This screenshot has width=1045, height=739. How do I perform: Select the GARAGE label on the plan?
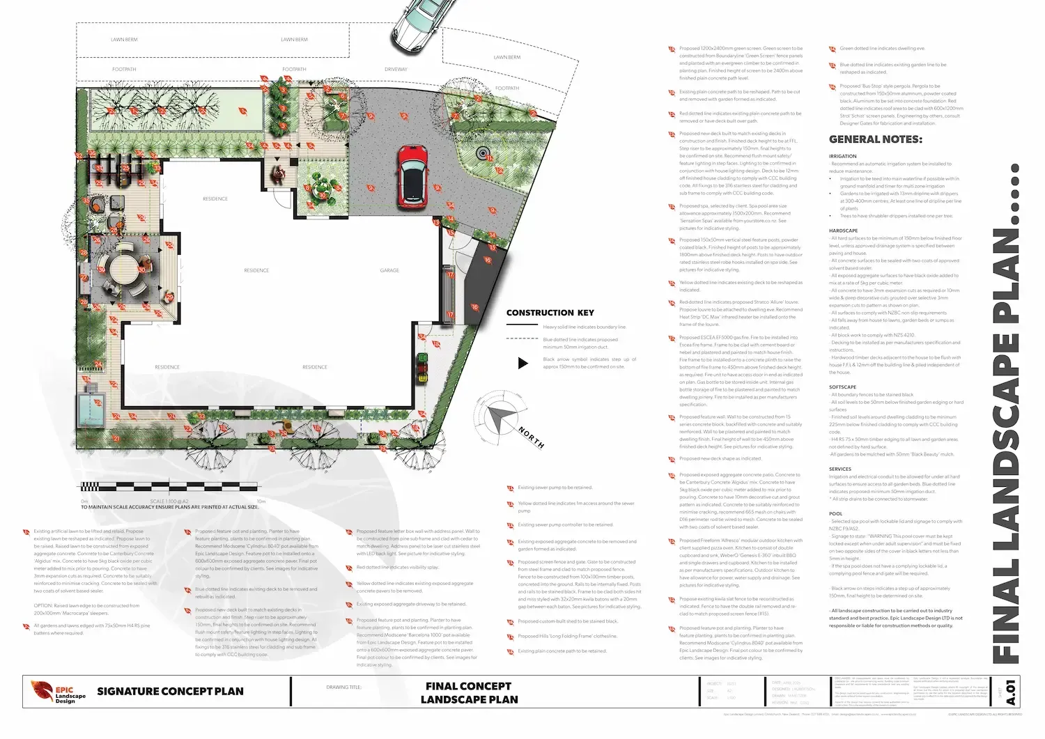(389, 270)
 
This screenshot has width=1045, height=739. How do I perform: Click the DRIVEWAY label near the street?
(396, 70)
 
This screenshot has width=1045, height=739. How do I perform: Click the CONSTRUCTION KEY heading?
(550, 313)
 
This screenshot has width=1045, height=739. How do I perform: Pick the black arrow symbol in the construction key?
(522, 363)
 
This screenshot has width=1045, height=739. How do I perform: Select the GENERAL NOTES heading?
(875, 139)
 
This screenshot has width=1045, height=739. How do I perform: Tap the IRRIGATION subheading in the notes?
(842, 157)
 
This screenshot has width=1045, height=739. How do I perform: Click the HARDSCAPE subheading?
(843, 231)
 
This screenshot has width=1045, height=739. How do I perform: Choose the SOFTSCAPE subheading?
(842, 387)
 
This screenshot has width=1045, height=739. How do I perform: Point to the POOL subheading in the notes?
(835, 513)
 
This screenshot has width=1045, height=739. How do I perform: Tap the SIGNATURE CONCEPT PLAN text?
(170, 692)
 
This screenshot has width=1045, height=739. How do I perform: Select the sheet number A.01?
(1011, 692)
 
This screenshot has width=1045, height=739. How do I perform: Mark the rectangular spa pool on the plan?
(89, 410)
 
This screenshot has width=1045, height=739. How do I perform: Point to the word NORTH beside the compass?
(531, 437)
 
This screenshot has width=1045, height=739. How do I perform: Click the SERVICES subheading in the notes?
(839, 469)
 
